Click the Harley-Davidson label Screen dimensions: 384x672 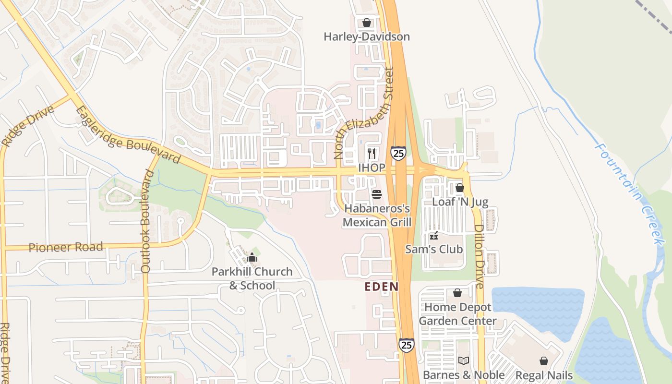coord(366,37)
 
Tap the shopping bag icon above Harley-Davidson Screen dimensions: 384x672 coord(367,23)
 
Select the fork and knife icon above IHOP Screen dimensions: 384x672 coord(372,154)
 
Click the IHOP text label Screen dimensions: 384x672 coord(372,168)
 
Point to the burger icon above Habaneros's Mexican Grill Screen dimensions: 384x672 coord(377,194)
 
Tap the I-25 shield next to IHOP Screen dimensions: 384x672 coord(398,153)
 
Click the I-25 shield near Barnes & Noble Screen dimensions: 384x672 coord(406,345)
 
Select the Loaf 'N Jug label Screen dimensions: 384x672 coord(460,202)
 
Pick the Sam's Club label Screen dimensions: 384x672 coord(434,249)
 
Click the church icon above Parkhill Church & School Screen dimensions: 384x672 coord(252,258)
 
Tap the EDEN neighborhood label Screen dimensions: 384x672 coord(382,287)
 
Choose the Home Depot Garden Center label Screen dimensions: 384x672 coord(457,314)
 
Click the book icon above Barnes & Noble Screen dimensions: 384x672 coord(463,360)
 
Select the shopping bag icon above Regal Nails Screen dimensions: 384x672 coord(544,361)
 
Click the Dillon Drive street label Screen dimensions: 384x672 coord(479,256)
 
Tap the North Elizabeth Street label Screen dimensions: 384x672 coord(364,113)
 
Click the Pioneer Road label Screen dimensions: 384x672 coord(66,248)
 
